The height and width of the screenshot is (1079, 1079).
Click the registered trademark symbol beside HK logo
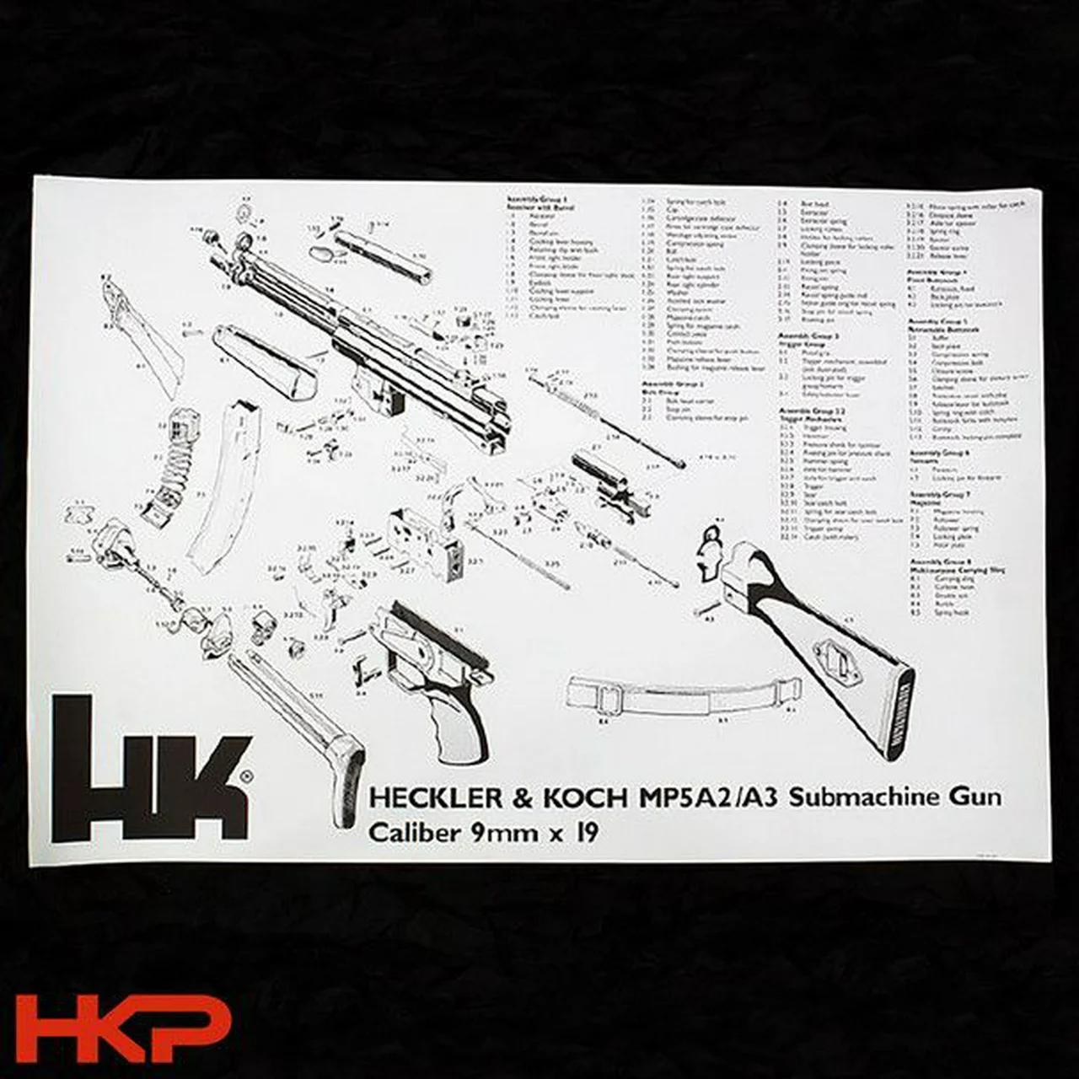coord(245,776)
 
